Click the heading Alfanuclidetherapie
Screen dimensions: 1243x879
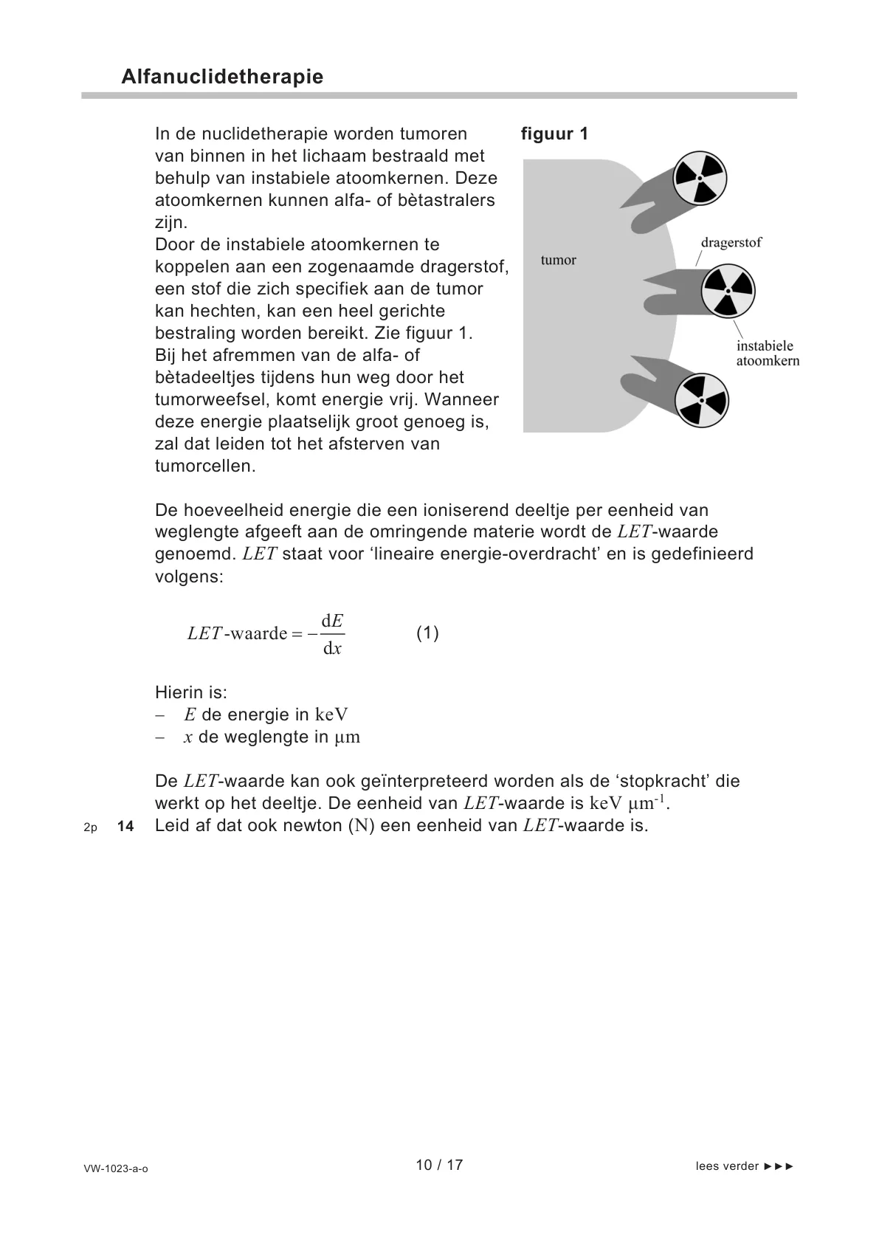coord(222,77)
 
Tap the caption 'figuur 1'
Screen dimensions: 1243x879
coord(554,134)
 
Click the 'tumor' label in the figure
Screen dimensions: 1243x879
coord(558,260)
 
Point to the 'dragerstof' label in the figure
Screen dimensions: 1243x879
coord(731,243)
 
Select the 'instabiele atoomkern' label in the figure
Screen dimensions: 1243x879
coord(768,353)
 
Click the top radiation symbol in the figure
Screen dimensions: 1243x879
coord(700,179)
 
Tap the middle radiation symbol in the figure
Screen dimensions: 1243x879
coord(728,291)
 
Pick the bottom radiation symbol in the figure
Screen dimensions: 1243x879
coord(702,400)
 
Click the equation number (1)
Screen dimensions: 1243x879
coord(427,633)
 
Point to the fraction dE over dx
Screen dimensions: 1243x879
coord(332,634)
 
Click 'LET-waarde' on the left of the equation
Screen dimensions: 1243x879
coord(237,633)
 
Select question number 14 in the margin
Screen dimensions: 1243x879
coord(125,827)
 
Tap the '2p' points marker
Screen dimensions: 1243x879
coord(90,827)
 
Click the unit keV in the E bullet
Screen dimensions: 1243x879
coord(331,715)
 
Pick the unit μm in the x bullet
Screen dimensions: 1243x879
coord(347,737)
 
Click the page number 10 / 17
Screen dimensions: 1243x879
coord(439,1165)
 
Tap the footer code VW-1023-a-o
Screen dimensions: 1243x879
coord(116,1168)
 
